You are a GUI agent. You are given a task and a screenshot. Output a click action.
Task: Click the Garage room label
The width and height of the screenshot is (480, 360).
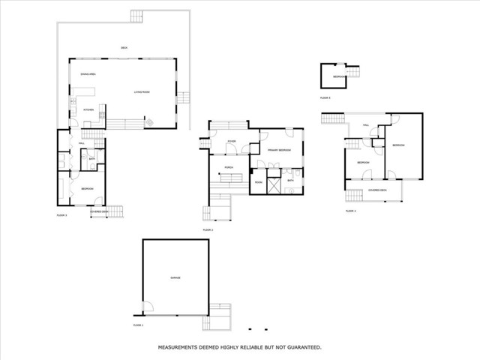click(x=175, y=278)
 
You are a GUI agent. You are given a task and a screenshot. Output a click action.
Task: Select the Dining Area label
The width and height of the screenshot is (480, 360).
click(x=88, y=74)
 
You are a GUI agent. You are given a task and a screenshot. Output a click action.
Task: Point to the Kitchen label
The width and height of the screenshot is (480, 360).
click(x=88, y=109)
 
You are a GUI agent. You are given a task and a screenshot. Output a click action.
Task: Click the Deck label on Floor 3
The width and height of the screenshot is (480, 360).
click(x=124, y=48)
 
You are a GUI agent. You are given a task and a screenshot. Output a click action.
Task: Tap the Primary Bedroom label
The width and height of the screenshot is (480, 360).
click(x=279, y=150)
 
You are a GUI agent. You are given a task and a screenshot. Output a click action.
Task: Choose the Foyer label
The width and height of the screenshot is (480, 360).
click(x=232, y=141)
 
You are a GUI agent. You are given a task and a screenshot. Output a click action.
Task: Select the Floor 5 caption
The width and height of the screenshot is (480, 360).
click(x=325, y=98)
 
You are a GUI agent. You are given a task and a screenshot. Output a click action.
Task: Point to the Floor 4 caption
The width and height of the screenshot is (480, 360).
click(x=350, y=211)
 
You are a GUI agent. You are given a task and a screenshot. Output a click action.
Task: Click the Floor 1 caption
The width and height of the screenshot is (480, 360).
click(x=138, y=325)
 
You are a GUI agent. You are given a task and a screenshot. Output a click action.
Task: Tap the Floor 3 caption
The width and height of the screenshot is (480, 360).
click(x=62, y=215)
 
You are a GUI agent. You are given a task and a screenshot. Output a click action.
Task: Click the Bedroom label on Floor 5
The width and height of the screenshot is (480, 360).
click(x=340, y=77)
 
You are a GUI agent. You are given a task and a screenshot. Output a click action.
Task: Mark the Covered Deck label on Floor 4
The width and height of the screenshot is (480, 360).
click(x=377, y=190)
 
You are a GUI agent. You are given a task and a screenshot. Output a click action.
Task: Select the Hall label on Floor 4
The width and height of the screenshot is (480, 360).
click(x=366, y=125)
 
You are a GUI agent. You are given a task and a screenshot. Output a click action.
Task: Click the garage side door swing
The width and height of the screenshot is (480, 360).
click(x=148, y=307)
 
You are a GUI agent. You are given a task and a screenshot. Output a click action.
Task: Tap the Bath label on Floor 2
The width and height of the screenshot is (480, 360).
click(x=290, y=181)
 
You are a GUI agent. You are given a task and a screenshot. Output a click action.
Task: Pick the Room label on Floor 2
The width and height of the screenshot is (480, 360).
click(x=258, y=181)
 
